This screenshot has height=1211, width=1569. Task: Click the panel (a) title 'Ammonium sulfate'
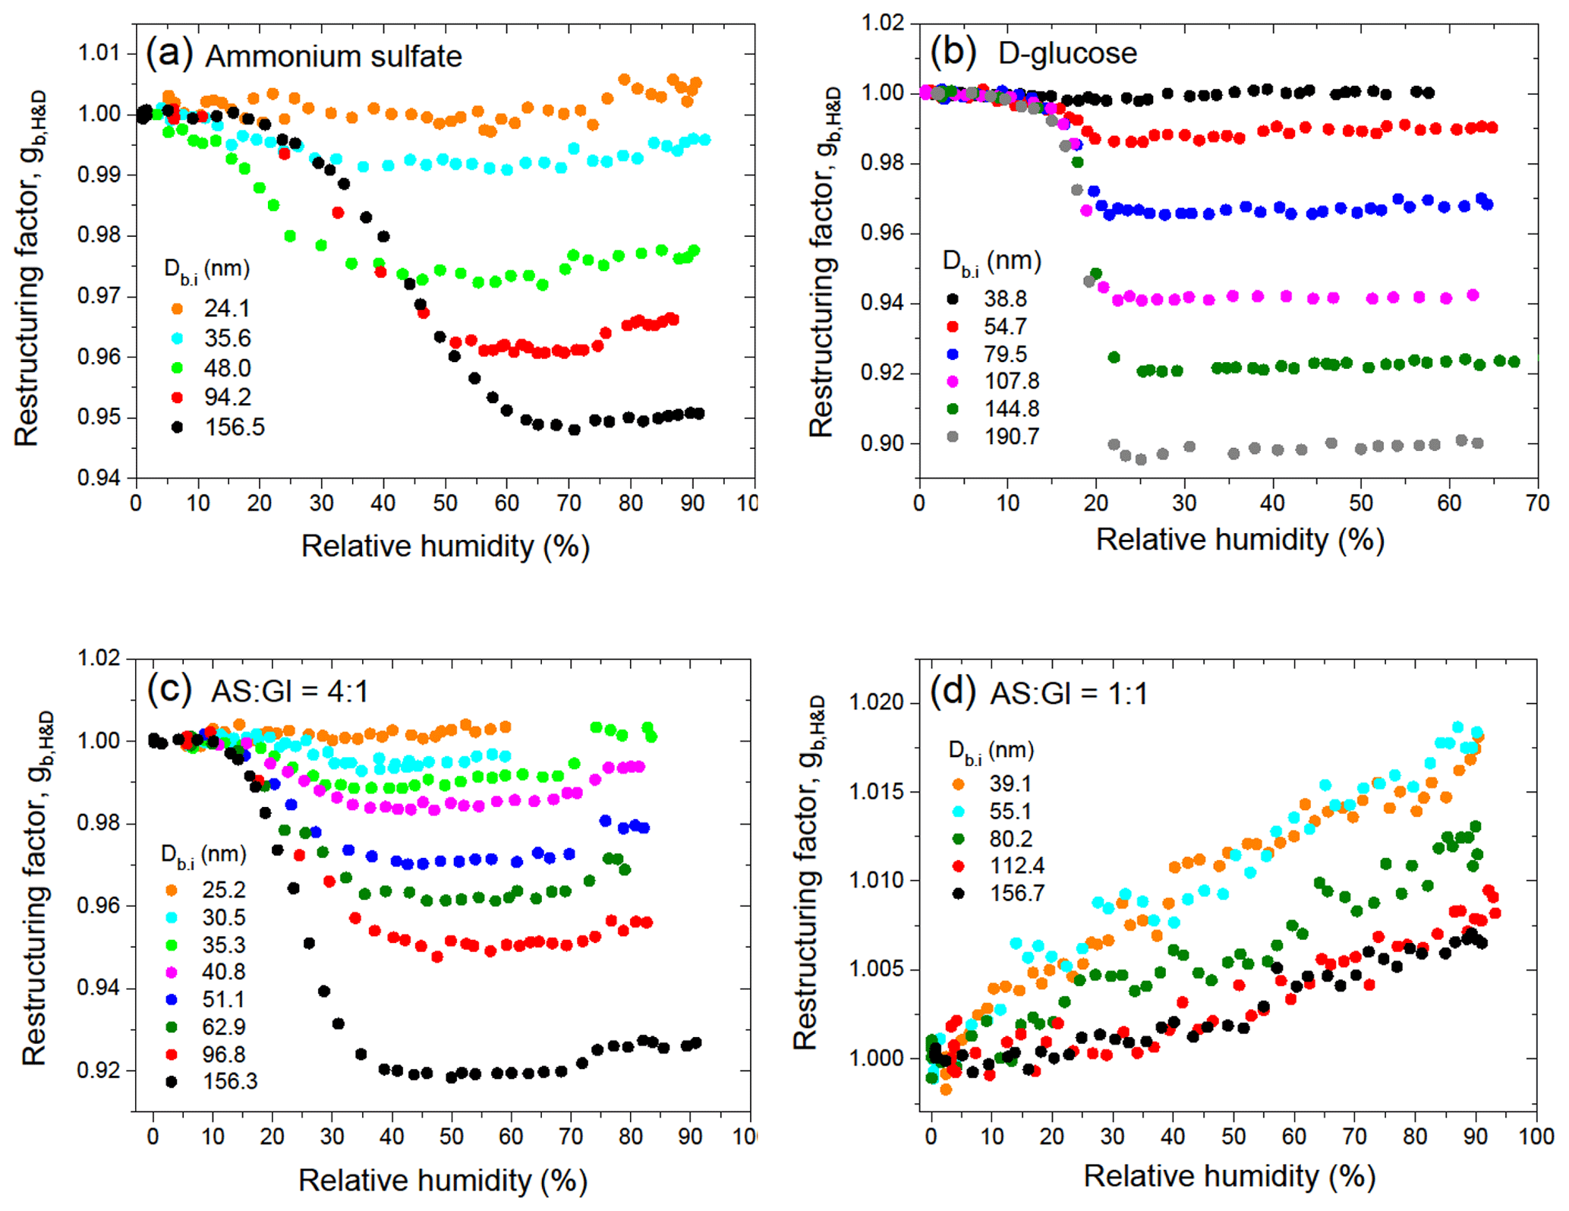pyautogui.click(x=333, y=57)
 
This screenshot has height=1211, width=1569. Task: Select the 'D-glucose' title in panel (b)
pyautogui.click(x=1067, y=53)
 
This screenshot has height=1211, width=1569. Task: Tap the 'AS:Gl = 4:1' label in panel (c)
pyautogui.click(x=289, y=692)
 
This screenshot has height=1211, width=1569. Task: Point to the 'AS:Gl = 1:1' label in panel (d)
pyautogui.click(x=1069, y=693)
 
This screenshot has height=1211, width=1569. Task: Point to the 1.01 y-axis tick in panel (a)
pyautogui.click(x=99, y=53)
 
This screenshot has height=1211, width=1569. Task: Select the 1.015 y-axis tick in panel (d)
pyautogui.click(x=877, y=791)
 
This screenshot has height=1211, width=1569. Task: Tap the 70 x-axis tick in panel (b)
pyautogui.click(x=1538, y=503)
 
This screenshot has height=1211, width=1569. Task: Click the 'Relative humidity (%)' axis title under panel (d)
pyautogui.click(x=1229, y=1176)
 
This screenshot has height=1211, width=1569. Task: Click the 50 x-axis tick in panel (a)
pyautogui.click(x=446, y=503)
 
